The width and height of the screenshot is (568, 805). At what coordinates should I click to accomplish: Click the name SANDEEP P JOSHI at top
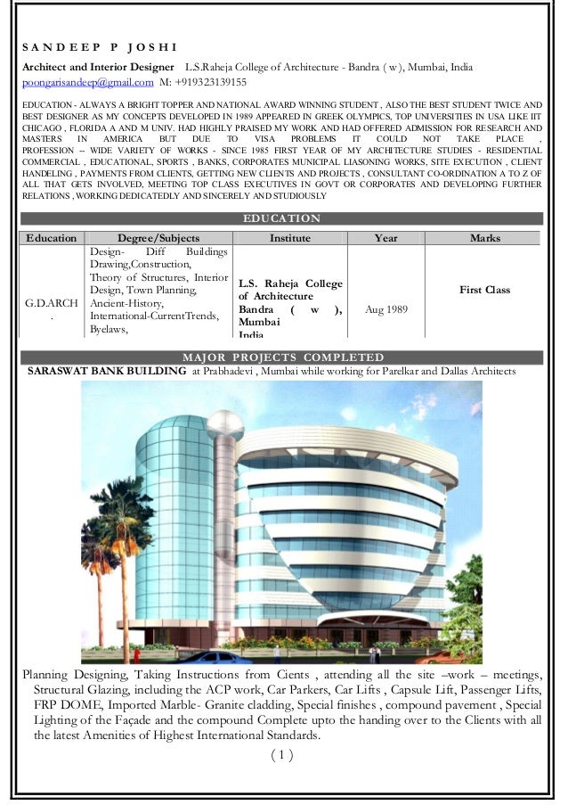pyautogui.click(x=99, y=46)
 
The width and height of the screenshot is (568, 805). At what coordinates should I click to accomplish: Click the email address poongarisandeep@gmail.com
pyautogui.click(x=87, y=83)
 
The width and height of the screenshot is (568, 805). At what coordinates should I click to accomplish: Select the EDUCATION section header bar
pyautogui.click(x=281, y=218)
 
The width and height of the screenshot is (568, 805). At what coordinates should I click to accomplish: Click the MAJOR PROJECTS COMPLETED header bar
pyautogui.click(x=281, y=357)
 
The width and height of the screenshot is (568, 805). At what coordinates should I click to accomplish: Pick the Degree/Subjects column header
pyautogui.click(x=158, y=238)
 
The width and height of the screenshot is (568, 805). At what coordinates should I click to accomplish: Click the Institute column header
pyautogui.click(x=290, y=238)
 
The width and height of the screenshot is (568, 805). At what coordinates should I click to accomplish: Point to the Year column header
pyautogui.click(x=385, y=238)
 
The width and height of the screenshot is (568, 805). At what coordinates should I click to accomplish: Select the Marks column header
pyautogui.click(x=484, y=238)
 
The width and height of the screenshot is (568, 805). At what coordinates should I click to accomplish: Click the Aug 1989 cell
pyautogui.click(x=386, y=308)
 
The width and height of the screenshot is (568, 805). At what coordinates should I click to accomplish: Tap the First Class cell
pyautogui.click(x=484, y=291)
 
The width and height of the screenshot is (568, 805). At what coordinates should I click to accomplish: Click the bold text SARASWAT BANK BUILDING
pyautogui.click(x=107, y=370)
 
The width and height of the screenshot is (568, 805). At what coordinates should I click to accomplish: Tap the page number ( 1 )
pyautogui.click(x=281, y=756)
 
